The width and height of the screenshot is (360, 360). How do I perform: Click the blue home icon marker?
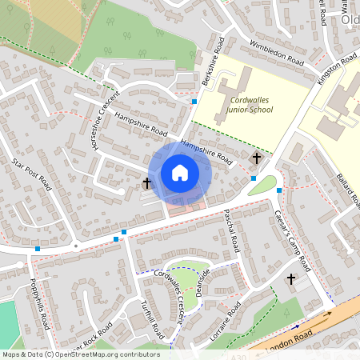pos(180,173)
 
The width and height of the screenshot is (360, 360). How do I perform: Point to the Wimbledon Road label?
pos(275,52)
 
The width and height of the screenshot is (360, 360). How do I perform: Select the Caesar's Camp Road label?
pos(292,238)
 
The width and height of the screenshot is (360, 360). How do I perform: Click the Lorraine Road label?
pos(226,323)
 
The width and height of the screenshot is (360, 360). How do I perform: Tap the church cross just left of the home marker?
pos(147,183)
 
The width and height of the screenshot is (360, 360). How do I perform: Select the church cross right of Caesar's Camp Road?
pos(291,279)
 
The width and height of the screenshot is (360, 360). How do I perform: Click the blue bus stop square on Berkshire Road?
pos(194,101)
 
